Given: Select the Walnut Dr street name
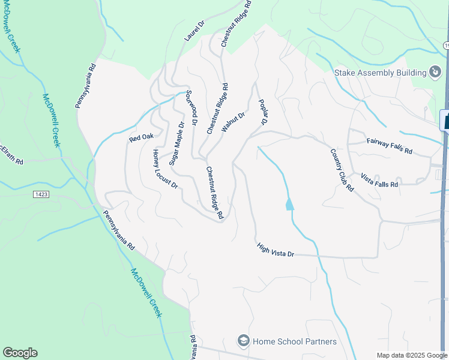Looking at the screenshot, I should pyautogui.click(x=234, y=122).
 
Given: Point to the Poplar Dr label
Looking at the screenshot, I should pyautogui.click(x=262, y=112).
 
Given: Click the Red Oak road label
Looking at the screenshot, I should pyautogui.click(x=137, y=139).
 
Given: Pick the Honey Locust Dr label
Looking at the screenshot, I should pyautogui.click(x=165, y=169).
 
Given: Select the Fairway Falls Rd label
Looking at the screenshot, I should pyautogui.click(x=389, y=145).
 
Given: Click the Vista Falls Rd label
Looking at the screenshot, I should pyautogui.click(x=379, y=180).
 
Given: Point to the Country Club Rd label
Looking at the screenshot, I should pyautogui.click(x=342, y=170).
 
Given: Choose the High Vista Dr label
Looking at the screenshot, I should pyautogui.click(x=275, y=250).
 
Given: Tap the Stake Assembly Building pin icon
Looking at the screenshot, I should pyautogui.click(x=435, y=73).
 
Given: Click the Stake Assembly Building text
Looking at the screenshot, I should pyautogui.click(x=379, y=73).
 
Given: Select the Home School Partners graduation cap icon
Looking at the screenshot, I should pyautogui.click(x=243, y=341).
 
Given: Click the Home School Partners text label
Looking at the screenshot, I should pyautogui.click(x=294, y=341).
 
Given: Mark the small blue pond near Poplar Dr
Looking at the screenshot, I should pyautogui.click(x=290, y=205).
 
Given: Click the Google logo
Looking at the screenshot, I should pyautogui.click(x=20, y=353).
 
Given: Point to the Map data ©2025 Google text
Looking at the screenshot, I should pyautogui.click(x=411, y=355).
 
